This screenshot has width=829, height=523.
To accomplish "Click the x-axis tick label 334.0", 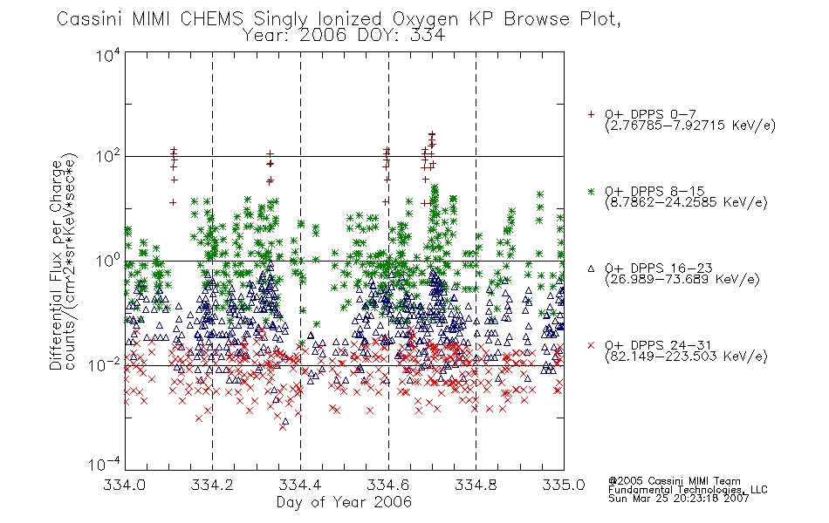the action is tap(124, 485).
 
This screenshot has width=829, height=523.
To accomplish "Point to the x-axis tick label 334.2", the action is tap(212, 485).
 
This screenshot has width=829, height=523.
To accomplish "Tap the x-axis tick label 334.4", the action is tap(300, 485).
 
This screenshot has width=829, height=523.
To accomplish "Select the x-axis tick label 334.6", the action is tap(388, 485).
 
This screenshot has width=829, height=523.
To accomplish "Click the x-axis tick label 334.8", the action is tap(476, 485).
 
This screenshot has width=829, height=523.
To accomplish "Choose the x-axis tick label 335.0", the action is tap(564, 485).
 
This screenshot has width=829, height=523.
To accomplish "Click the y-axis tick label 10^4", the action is tap(108, 56).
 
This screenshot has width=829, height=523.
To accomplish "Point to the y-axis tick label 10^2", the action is tap(108, 157).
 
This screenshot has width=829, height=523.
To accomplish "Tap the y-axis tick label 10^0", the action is tap(108, 261).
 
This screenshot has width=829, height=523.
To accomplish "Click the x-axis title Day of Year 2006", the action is tap(344, 502).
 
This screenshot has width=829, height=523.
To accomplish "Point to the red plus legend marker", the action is tap(591, 114).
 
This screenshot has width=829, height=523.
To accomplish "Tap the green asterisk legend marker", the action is tap(591, 191).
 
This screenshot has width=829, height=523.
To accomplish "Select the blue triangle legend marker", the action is tap(591, 268).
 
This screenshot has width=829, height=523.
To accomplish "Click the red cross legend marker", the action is tap(591, 345).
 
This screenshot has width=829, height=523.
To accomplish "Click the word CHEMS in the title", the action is tap(211, 19).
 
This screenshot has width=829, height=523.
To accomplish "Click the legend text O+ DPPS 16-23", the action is tap(659, 268).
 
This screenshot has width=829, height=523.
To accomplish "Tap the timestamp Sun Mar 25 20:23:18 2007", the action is tap(679, 499).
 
